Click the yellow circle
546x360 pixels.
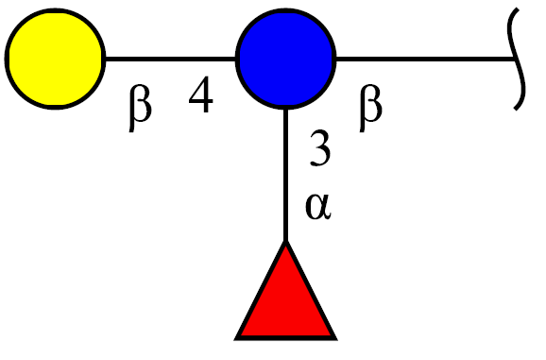[x=55, y=59]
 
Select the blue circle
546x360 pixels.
[x=285, y=59]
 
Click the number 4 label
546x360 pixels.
[x=200, y=94]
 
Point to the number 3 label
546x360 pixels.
[x=320, y=148]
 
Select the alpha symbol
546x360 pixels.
[x=318, y=207]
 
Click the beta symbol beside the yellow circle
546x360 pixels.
[x=140, y=108]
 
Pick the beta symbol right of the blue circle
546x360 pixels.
[x=370, y=108]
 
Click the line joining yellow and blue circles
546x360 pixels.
[x=171, y=59]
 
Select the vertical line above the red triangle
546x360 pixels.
[x=285, y=175]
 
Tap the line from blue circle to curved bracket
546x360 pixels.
[x=425, y=59]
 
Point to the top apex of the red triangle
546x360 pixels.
[x=285, y=241]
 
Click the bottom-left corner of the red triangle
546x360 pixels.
[x=235, y=339]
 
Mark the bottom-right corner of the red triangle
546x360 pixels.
[x=336, y=339]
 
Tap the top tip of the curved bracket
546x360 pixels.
[x=519, y=9]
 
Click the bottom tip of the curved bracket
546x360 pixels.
[x=516, y=110]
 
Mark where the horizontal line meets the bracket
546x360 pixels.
[x=515, y=59]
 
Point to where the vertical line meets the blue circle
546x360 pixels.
[x=285, y=109]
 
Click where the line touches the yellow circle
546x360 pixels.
[x=106, y=59]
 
